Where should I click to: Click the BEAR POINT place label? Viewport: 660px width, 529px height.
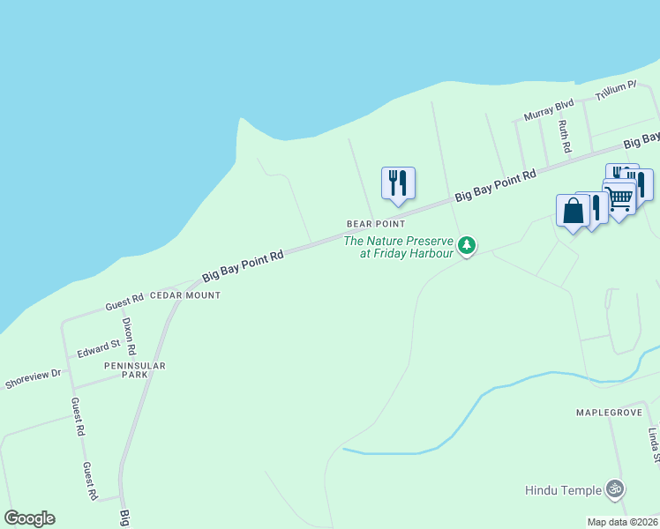point(375,224)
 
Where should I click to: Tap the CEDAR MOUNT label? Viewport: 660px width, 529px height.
point(185,294)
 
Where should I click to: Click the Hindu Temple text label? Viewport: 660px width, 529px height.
point(563,490)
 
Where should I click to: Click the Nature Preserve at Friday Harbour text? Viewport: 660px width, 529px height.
point(398,247)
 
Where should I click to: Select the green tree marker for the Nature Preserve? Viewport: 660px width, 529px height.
point(467,245)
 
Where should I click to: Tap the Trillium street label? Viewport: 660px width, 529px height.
point(616,89)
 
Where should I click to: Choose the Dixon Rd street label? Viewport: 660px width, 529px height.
point(129,336)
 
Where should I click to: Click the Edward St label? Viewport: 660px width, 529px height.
point(98,349)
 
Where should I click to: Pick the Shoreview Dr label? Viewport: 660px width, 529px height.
point(33,379)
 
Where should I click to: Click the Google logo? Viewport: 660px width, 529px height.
point(29,518)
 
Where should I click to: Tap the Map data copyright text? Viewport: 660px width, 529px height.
point(623,522)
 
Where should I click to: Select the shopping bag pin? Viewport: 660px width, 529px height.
point(573,212)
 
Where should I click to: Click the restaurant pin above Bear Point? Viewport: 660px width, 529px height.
point(398,183)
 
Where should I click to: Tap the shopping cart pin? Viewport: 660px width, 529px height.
point(619,198)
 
